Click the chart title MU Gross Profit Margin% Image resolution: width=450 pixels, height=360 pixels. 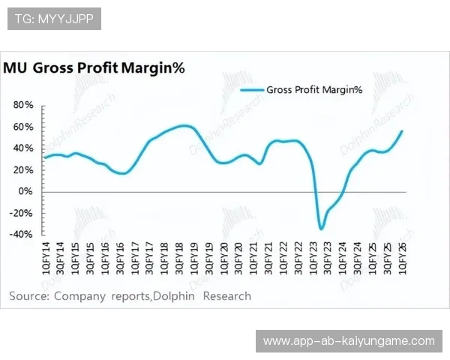click(94, 68)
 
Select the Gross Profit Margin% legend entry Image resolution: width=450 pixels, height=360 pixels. click(313, 90)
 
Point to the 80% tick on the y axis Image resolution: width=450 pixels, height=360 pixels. click(24, 105)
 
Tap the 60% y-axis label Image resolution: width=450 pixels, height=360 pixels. click(24, 127)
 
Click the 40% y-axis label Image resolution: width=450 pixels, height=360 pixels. click(24, 148)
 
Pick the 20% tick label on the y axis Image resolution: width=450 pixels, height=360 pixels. click(24, 169)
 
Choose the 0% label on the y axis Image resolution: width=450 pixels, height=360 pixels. click(27, 191)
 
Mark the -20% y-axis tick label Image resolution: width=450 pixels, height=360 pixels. click(22, 212)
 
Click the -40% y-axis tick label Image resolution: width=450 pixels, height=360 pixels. click(22, 234)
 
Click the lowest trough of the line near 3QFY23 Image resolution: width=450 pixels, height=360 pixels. click(322, 229)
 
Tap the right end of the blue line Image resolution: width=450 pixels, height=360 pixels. click(402, 131)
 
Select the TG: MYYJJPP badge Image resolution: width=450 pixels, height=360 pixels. click(54, 19)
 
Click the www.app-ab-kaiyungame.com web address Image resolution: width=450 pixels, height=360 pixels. click(349, 341)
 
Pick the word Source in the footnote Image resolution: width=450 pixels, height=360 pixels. click(28, 295)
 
